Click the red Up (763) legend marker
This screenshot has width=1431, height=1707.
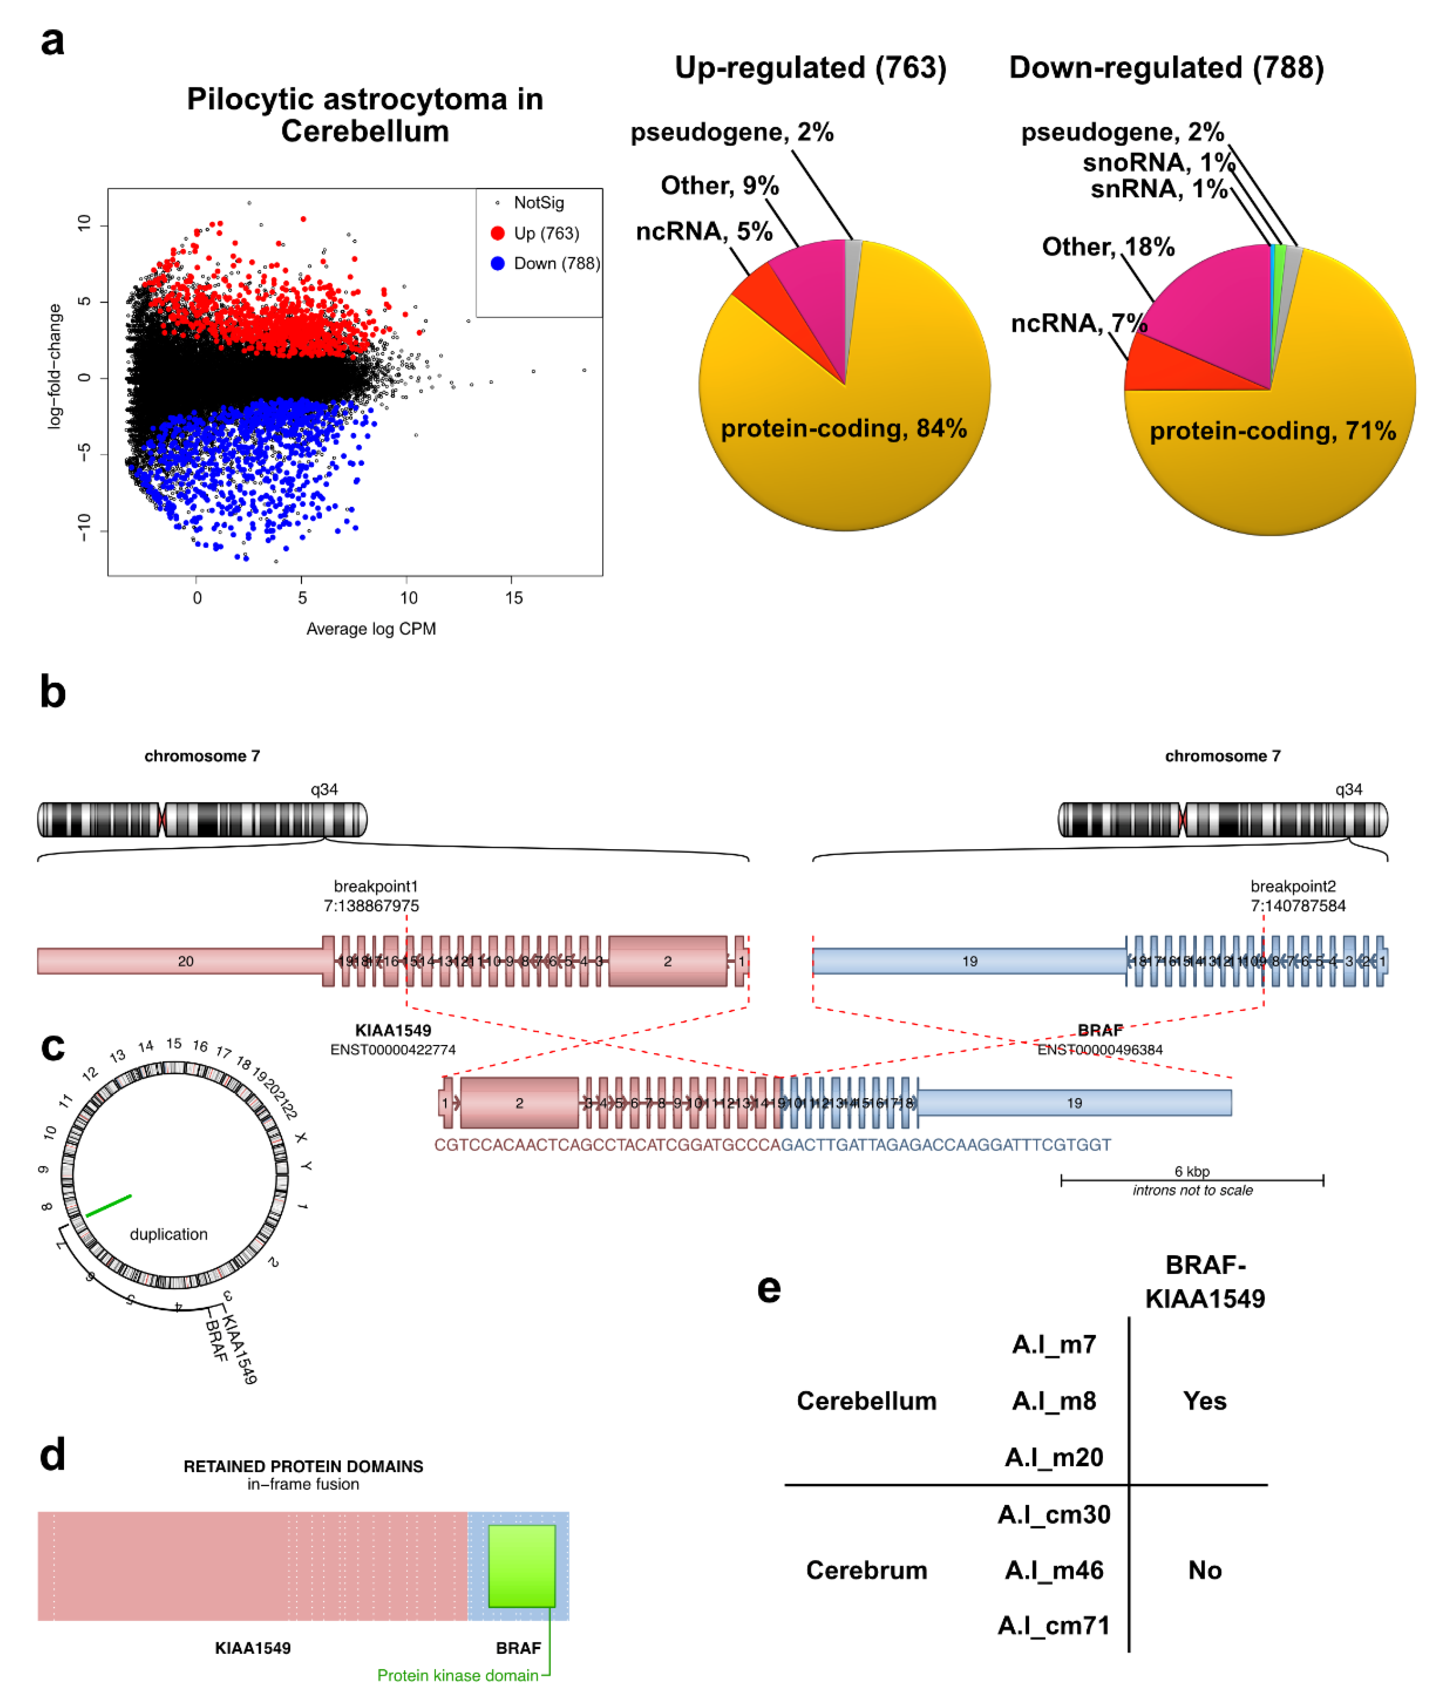[x=497, y=233]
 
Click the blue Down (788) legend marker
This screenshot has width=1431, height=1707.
[x=497, y=263]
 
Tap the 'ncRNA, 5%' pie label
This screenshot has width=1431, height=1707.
[x=703, y=232]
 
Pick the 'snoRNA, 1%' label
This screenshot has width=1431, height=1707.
[x=1157, y=162]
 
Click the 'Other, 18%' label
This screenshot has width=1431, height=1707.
[x=1107, y=247]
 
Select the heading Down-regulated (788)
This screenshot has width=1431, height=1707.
[x=1166, y=67]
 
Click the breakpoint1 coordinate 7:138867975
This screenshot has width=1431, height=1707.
[x=372, y=905]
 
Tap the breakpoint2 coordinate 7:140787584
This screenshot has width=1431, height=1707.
[x=1297, y=905]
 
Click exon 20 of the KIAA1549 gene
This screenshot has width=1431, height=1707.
[x=185, y=961]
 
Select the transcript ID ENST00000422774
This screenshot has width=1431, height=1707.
[x=393, y=1049]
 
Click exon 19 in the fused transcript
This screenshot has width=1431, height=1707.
[x=1074, y=1103]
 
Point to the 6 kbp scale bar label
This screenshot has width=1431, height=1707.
[x=1192, y=1171]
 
